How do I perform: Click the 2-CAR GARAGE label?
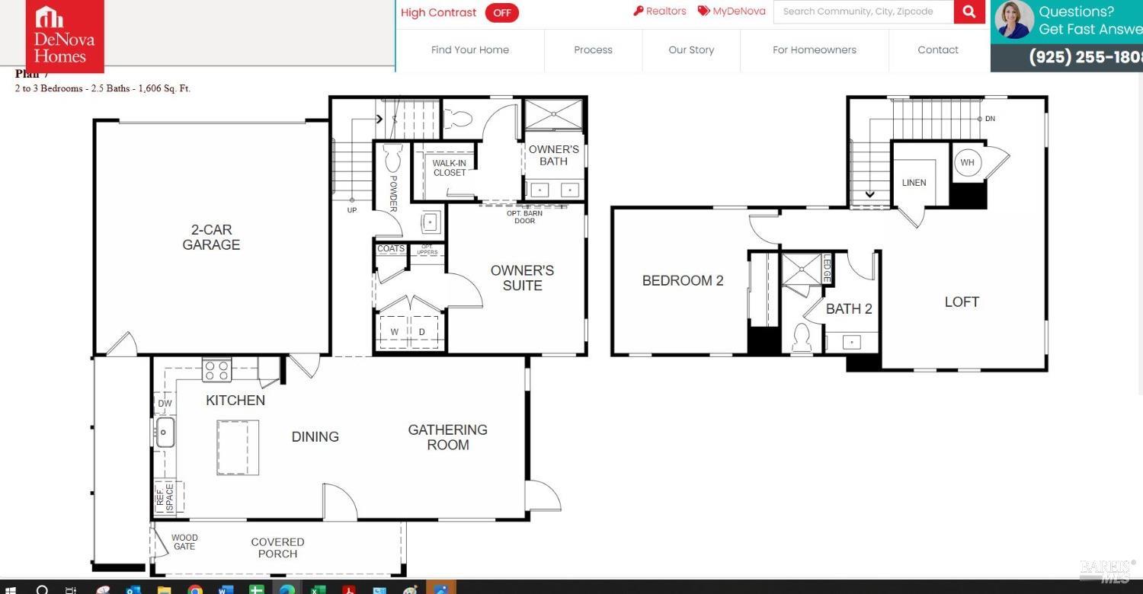point(211,237)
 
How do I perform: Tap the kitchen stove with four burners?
point(216,371)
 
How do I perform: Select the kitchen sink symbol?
point(165,433)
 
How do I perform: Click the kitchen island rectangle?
point(238,447)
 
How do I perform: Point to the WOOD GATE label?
point(184,542)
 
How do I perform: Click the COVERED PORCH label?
point(277,548)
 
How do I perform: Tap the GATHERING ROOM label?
point(447,437)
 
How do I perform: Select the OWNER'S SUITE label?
point(522,278)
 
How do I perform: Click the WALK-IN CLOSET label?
point(450,168)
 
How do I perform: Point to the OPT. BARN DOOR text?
point(525,217)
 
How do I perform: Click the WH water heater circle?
point(967,163)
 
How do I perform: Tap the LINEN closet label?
point(914,183)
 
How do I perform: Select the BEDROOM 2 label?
point(683,281)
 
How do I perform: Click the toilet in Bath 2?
point(801,337)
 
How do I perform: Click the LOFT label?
point(962,302)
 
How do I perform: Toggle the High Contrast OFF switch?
point(501,13)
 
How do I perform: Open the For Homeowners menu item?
point(814,50)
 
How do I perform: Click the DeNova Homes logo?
point(65,35)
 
